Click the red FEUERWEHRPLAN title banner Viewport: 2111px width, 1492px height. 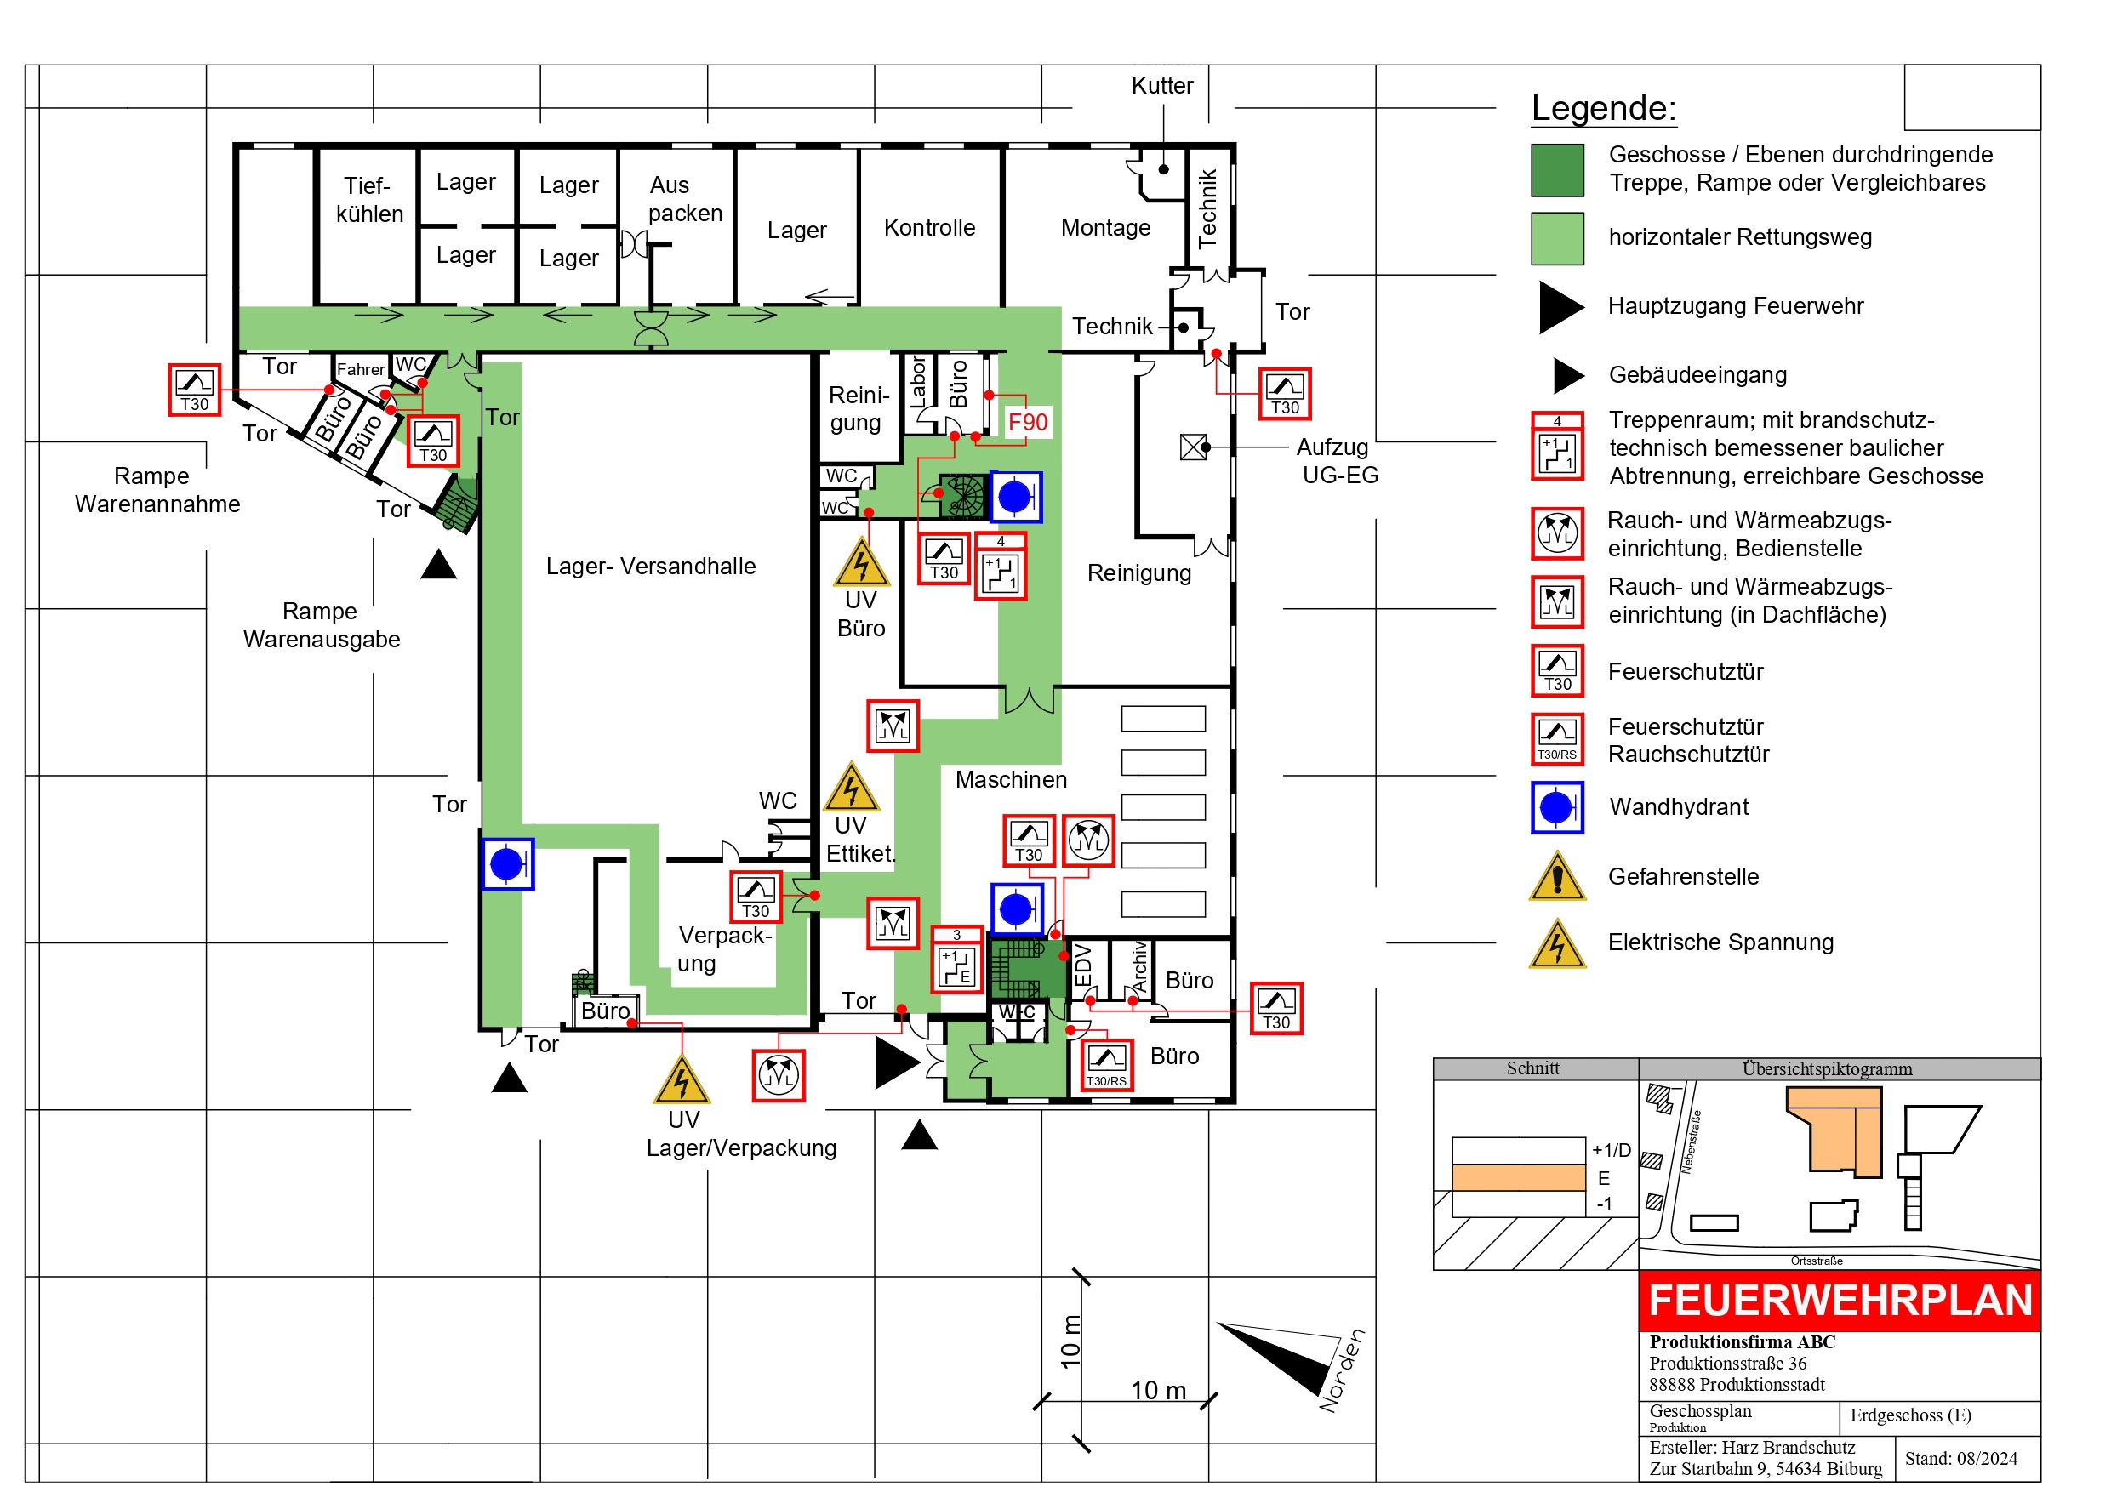click(x=1839, y=1300)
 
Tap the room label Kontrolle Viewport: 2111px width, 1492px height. click(x=928, y=227)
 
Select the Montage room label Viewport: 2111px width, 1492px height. click(x=1105, y=227)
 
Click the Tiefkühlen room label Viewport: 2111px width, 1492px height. click(x=368, y=200)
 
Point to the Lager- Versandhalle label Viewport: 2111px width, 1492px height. click(x=650, y=567)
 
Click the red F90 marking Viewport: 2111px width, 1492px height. click(x=1027, y=422)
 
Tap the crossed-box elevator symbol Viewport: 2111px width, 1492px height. click(x=1193, y=447)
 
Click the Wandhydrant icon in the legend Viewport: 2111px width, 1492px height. click(x=1556, y=807)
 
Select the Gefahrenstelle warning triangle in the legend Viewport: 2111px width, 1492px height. click(x=1556, y=877)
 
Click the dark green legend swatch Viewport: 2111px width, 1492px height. click(x=1556, y=170)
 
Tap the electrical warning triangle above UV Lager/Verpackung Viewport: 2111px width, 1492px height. click(x=681, y=1081)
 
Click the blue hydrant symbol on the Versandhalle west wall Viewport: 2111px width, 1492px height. click(x=507, y=863)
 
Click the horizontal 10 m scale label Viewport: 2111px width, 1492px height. click(x=1157, y=1390)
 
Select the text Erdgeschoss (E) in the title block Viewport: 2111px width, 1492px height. click(x=1909, y=1415)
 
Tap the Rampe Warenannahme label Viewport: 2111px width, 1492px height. click(x=157, y=490)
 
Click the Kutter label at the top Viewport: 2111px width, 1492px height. click(x=1161, y=86)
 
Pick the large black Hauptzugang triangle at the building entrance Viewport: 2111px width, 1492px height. click(x=894, y=1062)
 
